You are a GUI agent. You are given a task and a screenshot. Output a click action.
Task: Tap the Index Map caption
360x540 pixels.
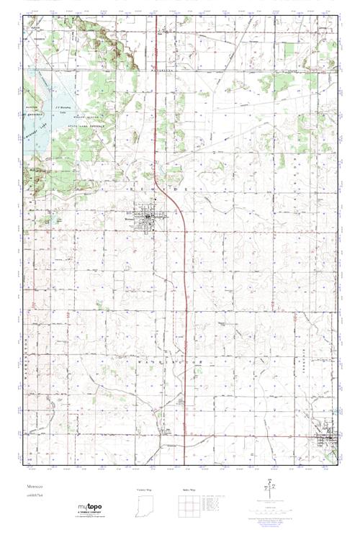(189, 489)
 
